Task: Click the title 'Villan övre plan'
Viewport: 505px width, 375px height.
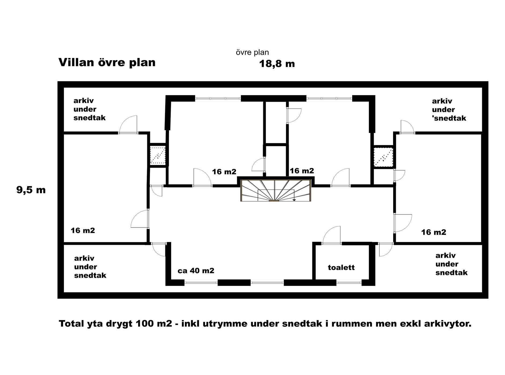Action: (107, 62)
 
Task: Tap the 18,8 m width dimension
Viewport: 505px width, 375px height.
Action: (277, 64)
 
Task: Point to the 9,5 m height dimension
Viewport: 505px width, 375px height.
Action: (31, 190)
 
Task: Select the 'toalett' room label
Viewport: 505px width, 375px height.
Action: (341, 267)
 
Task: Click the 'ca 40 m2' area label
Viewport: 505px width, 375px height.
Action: (196, 271)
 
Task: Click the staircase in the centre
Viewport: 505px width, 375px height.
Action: (276, 190)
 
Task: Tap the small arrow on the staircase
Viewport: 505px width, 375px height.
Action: (294, 199)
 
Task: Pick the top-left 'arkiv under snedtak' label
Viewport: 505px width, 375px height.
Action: (89, 109)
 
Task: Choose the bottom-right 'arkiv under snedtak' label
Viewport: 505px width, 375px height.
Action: (451, 264)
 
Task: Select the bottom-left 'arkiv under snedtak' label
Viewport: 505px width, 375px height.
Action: (90, 267)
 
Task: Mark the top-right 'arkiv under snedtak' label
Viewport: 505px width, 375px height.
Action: (449, 110)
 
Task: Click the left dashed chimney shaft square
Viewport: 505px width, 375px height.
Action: (158, 155)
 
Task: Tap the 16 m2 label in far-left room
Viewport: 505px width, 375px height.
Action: (83, 231)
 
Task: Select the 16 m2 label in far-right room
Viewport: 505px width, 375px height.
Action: (434, 232)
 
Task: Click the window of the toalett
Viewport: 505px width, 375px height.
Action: (349, 282)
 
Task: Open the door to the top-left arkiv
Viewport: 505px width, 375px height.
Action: (128, 125)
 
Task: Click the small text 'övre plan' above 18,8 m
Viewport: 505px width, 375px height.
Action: (252, 53)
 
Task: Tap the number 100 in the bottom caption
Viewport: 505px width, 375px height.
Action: (145, 323)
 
